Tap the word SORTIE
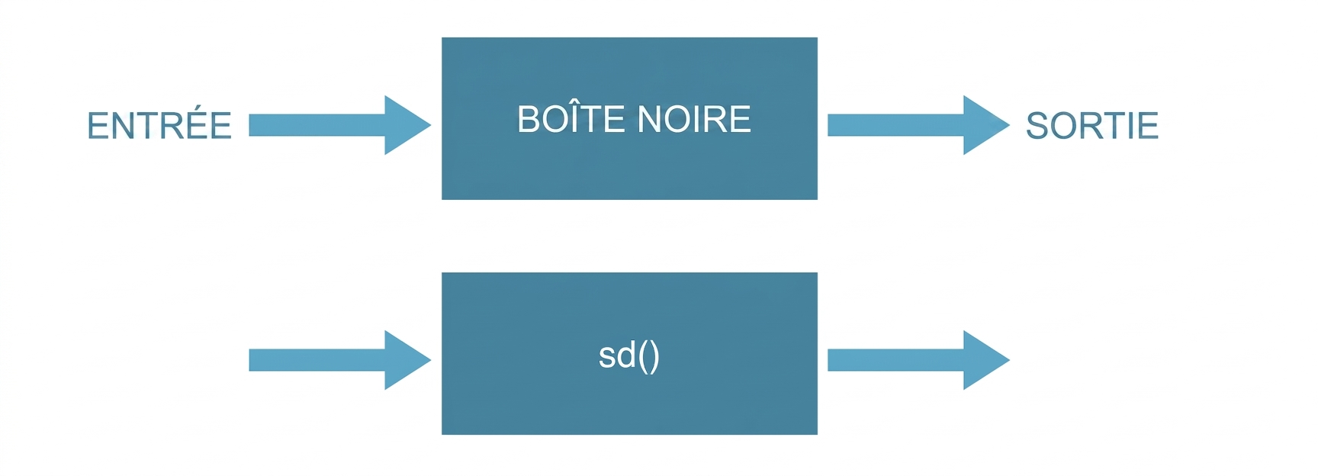point(1092,126)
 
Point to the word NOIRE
point(693,120)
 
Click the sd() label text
point(629,356)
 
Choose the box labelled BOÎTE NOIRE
point(629,118)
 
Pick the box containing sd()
point(629,353)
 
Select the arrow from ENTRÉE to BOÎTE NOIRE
point(340,125)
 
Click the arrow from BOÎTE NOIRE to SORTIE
point(918,125)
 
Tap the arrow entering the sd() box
point(340,360)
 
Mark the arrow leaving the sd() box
point(918,360)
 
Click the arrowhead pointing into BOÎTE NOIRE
point(406,125)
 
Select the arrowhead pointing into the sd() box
point(406,360)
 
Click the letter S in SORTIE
point(1037,126)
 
